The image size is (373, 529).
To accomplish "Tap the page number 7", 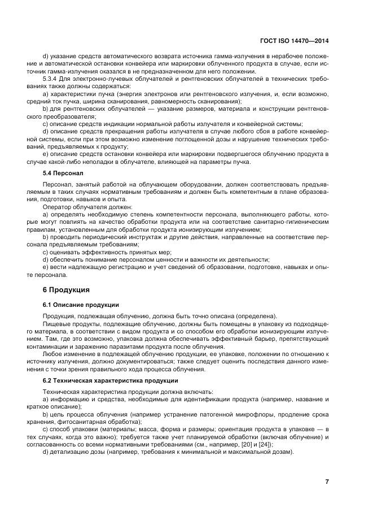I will point(327,482).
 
